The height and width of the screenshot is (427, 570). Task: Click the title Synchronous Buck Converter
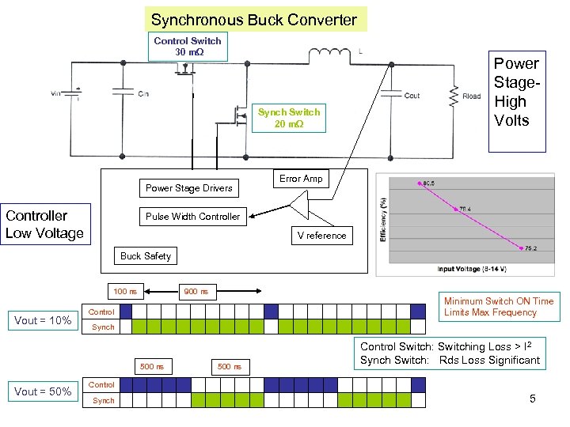254,19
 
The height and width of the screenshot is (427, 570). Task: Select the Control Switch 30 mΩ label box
188,47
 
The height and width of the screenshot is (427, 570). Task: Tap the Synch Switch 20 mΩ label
289,118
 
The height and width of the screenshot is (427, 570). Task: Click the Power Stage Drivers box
188,188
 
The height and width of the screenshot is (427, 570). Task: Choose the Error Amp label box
302,179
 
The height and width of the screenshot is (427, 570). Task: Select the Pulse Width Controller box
192,217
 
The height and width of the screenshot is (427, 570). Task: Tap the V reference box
321,235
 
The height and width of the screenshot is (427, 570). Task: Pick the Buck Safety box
145,256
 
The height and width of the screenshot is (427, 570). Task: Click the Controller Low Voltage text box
44,225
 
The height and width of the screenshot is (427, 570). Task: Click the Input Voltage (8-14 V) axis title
467,269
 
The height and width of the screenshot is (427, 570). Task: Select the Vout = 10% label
44,320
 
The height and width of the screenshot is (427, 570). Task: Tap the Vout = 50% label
44,392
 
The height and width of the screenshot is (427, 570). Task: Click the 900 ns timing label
196,292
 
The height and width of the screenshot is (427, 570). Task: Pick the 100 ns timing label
125,292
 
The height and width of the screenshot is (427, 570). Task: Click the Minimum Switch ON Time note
499,307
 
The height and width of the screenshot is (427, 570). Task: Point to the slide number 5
533,399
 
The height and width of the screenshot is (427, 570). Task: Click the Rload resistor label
472,97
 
